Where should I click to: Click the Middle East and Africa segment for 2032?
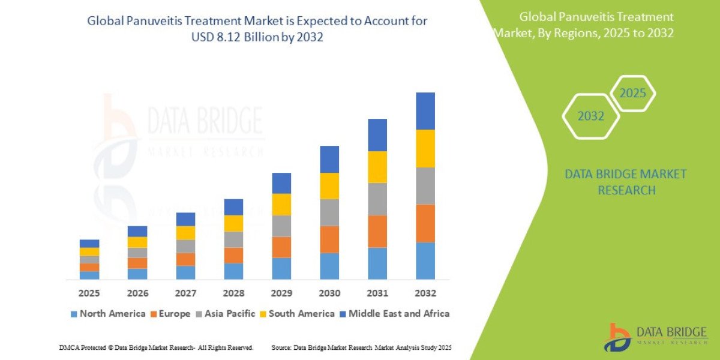[425, 111]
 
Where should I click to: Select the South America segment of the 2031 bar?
[377, 167]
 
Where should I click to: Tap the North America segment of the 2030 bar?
[329, 266]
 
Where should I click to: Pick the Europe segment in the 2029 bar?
[281, 247]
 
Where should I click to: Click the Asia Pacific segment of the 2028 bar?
[233, 239]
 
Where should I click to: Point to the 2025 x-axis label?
[89, 294]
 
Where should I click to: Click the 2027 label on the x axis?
[185, 294]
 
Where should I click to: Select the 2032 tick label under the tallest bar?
[425, 294]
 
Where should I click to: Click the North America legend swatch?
[74, 314]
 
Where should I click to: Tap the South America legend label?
[301, 314]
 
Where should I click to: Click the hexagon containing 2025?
[632, 94]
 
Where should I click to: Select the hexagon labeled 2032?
[590, 116]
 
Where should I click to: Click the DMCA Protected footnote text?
[156, 347]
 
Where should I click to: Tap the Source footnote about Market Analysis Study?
[361, 347]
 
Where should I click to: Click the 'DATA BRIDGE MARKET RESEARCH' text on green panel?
[625, 182]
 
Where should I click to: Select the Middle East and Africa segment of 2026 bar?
[137, 231]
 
